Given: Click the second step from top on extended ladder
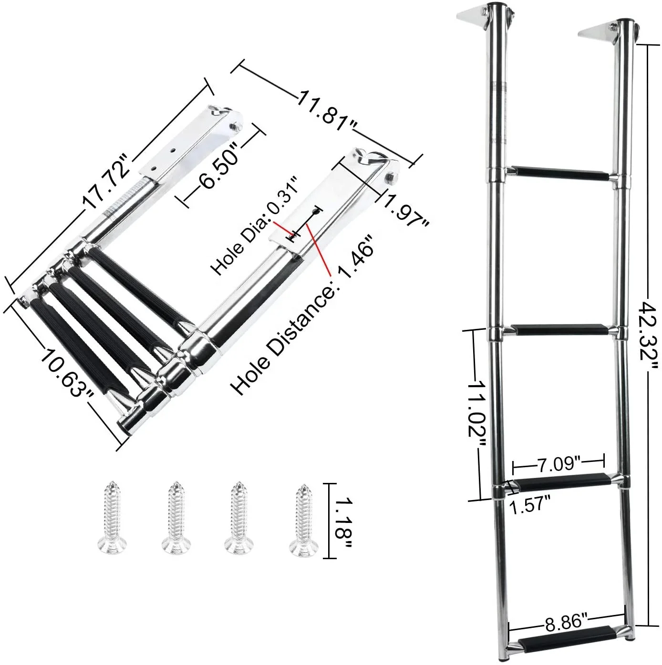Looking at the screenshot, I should click(x=560, y=330).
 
